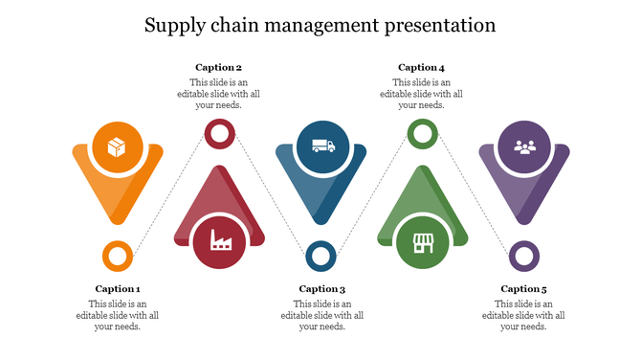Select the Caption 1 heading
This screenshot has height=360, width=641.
click(x=118, y=289)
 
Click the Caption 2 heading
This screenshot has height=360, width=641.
click(x=218, y=68)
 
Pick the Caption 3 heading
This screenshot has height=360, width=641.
click(x=321, y=289)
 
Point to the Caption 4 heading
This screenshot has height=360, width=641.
click(x=421, y=68)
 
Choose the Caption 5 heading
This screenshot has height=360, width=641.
click(x=523, y=289)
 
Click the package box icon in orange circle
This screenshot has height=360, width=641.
click(x=117, y=147)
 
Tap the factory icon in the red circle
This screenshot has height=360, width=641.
click(x=220, y=241)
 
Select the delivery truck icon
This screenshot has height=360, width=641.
click(x=322, y=146)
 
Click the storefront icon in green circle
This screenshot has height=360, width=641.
click(x=423, y=241)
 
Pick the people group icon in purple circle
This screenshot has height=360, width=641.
click(x=524, y=146)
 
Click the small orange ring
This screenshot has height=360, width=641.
click(x=117, y=256)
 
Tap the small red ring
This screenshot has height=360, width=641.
click(x=219, y=135)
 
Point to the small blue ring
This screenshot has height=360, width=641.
click(x=320, y=256)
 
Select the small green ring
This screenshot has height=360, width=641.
click(x=422, y=134)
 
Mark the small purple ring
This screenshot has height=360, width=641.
click(x=523, y=256)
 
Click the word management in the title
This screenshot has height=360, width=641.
click(x=319, y=26)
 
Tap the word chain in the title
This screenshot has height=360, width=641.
click(x=239, y=26)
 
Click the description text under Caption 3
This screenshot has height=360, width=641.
click(x=321, y=315)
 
